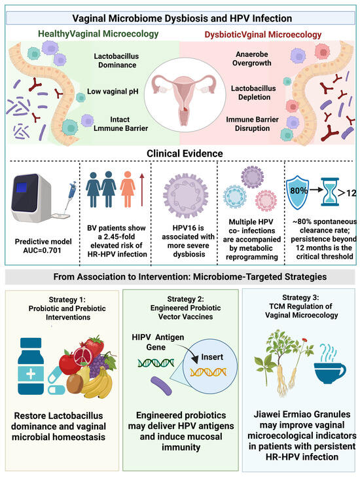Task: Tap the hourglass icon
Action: [x=330, y=193]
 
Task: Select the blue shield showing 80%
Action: [x=298, y=193]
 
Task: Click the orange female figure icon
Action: [x=128, y=189]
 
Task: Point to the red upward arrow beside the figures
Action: [x=142, y=190]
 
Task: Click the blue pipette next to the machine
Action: [x=70, y=198]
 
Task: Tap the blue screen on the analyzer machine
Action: [x=22, y=187]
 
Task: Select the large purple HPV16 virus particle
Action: [x=186, y=195]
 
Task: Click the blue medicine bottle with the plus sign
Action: [x=31, y=366]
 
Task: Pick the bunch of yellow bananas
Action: [x=97, y=383]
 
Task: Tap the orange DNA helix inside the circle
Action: [x=208, y=372]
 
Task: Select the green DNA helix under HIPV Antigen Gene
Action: [x=156, y=363]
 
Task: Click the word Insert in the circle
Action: [x=212, y=357]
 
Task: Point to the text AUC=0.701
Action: [x=43, y=250]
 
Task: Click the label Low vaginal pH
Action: [x=113, y=92]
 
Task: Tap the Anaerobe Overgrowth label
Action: [x=252, y=58]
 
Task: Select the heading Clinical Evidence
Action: [x=185, y=153]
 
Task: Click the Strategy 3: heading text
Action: [x=300, y=297]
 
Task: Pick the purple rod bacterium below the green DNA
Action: [x=161, y=386]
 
